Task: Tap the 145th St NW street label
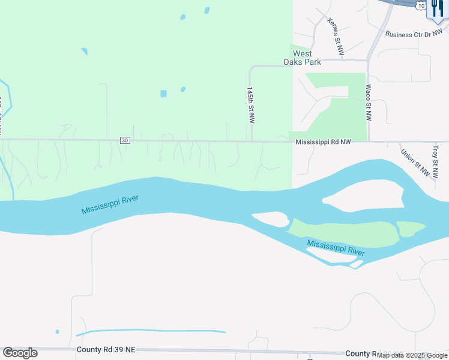251,104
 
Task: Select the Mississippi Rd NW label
322,142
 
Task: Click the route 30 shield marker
125,140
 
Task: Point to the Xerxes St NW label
335,37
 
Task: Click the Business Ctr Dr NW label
417,35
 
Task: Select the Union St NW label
415,161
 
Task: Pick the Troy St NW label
436,160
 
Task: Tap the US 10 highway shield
420,4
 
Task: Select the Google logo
20,353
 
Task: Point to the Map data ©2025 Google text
412,355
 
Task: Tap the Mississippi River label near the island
336,247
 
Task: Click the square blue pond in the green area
163,94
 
